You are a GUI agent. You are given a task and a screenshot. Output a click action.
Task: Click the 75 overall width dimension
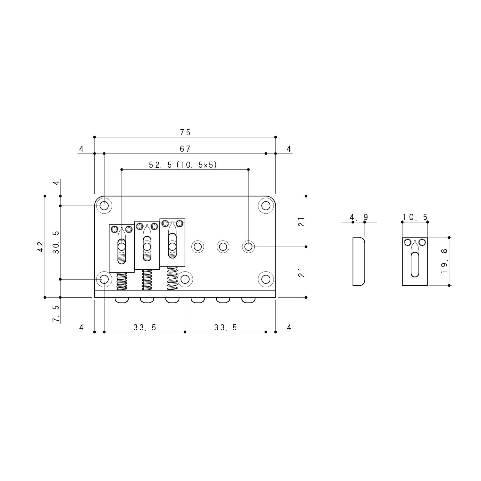185,132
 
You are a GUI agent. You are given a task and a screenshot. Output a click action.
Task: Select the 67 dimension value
185,149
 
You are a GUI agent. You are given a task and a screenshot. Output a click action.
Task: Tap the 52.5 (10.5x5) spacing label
183,165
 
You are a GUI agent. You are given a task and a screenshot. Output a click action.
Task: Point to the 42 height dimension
41,246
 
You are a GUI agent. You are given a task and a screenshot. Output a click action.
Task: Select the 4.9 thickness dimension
359,217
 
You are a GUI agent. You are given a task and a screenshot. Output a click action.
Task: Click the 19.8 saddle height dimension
444,262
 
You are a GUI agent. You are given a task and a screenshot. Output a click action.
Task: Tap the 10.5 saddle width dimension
415,217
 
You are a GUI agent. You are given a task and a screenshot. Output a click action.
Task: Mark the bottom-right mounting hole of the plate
266,279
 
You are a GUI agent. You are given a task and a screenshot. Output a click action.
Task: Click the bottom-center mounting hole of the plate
185,279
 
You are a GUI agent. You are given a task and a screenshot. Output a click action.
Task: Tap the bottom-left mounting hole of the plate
104,279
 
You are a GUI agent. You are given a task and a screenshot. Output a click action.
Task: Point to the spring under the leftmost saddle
122,281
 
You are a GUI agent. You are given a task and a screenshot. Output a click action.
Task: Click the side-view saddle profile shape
359,261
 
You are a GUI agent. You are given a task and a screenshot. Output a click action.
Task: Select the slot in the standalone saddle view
415,264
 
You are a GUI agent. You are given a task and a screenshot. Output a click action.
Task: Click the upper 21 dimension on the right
301,221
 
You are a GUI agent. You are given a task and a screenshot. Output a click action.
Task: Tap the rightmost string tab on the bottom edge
248,300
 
